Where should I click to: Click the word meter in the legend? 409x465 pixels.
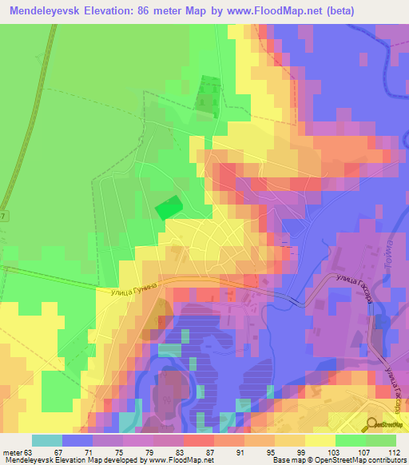click(14, 451)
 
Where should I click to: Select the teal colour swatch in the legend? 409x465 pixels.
click(46, 440)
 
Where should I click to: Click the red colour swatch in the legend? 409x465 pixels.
click(198, 440)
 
